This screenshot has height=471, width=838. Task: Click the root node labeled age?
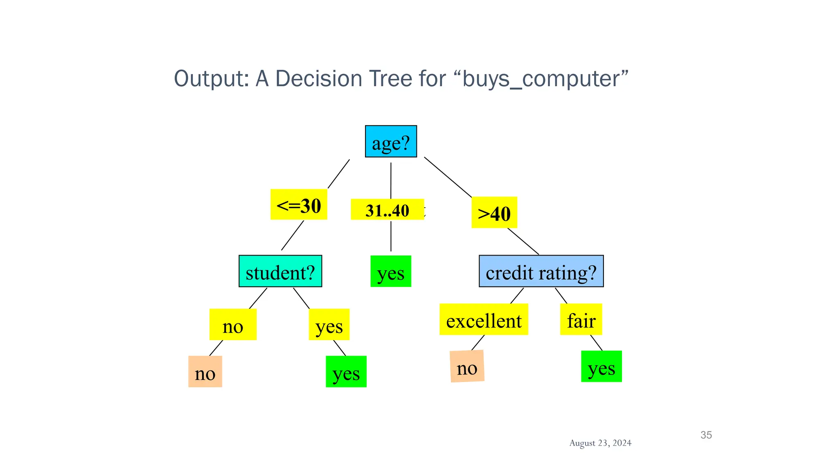pos(391,141)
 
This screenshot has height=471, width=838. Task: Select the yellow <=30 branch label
pos(299,204)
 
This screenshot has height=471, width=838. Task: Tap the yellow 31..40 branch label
pos(387,210)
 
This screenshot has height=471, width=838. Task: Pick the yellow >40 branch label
pos(494,213)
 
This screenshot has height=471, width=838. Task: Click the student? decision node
pos(280,271)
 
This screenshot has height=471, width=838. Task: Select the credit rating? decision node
pos(541,271)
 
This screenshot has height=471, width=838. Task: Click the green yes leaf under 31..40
pos(391,271)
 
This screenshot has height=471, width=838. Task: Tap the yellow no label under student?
pos(233,325)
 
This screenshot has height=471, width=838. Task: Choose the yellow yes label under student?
pos(329,325)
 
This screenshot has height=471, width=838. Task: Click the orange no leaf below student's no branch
pos(205,372)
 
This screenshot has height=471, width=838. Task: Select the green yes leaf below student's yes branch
pos(346,372)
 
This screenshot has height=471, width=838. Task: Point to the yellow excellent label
pos(484,320)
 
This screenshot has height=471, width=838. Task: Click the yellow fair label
pos(581,320)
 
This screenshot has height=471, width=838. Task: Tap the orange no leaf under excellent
pos(467,367)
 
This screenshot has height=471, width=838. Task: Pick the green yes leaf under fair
pos(601,367)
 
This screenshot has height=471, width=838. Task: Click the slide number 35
pos(706,435)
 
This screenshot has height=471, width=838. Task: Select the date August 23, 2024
pos(600,443)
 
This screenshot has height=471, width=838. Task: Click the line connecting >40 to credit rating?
pos(523,242)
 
